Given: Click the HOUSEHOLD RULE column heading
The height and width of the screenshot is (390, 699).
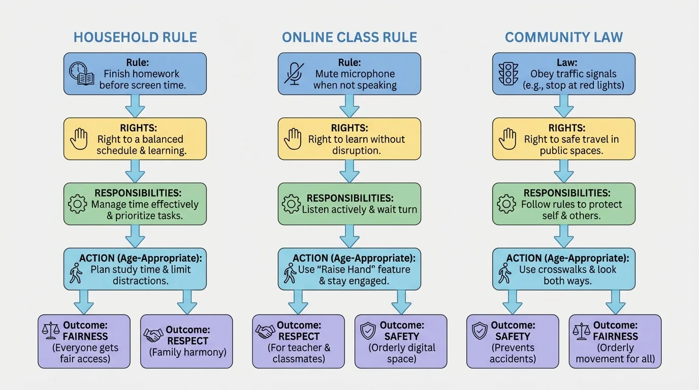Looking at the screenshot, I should (135, 38).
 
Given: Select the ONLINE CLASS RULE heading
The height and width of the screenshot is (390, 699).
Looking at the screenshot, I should (349, 38).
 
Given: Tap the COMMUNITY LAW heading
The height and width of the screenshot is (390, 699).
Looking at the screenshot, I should (564, 38).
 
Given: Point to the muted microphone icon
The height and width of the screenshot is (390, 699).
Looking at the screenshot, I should (294, 74).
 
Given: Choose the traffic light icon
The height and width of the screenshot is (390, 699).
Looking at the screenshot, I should (507, 74).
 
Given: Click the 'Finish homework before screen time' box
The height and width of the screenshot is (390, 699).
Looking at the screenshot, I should (135, 74).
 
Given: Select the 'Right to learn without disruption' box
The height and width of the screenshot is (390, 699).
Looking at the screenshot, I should (349, 139).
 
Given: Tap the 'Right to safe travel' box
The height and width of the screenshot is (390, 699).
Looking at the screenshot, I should (564, 139).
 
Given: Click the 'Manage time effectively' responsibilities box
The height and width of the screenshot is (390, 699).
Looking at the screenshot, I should (135, 204).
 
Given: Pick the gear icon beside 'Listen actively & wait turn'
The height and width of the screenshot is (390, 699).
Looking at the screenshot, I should (291, 204).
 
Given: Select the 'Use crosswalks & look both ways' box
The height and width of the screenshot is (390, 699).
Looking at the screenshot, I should (564, 269).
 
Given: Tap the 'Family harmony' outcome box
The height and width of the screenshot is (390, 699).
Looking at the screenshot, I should (186, 341).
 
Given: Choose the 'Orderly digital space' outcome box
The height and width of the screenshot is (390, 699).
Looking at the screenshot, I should (401, 341).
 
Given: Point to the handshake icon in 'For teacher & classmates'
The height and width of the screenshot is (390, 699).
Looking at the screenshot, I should (265, 332).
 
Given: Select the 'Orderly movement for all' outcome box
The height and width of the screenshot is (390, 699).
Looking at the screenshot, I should (615, 341).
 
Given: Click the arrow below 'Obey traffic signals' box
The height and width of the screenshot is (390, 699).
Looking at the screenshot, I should (564, 106).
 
